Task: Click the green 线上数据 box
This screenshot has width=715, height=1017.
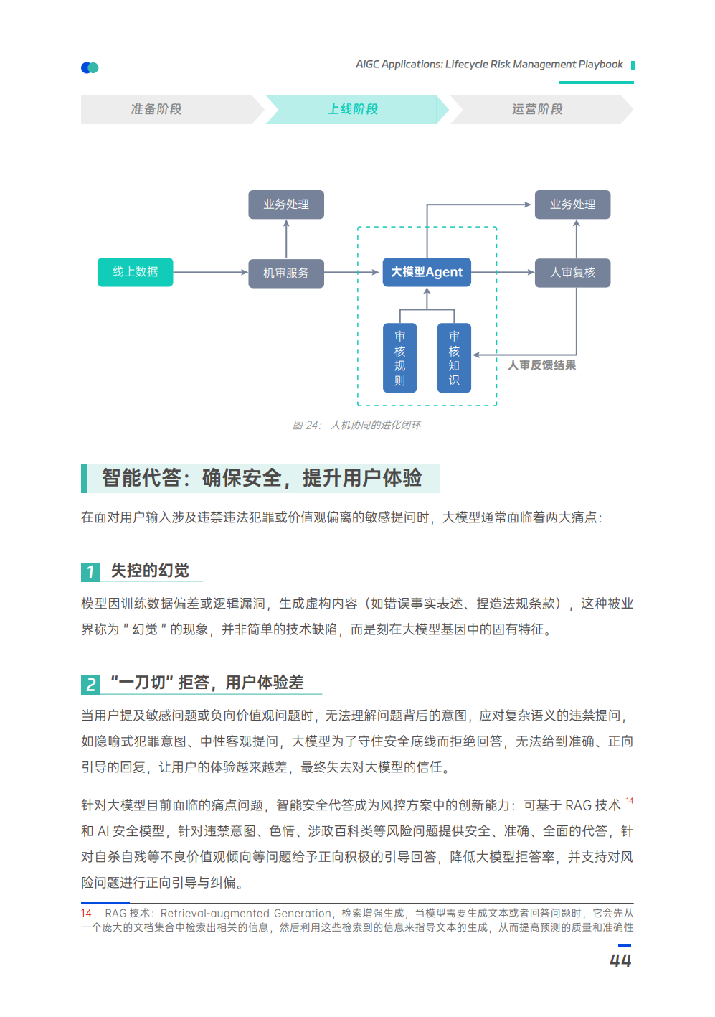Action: pyautogui.click(x=135, y=272)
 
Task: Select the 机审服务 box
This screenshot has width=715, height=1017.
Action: pyautogui.click(x=285, y=273)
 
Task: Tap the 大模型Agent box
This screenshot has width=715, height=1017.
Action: pyautogui.click(x=427, y=272)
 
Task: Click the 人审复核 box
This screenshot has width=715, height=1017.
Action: pyautogui.click(x=572, y=273)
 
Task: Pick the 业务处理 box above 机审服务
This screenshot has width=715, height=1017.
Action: pyautogui.click(x=285, y=205)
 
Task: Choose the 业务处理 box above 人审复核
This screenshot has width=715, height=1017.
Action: pyautogui.click(x=572, y=205)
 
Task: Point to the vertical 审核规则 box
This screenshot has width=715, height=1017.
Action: pyautogui.click(x=399, y=358)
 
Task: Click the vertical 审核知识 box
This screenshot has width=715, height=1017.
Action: pyautogui.click(x=454, y=358)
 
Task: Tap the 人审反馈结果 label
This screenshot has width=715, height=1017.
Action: pyautogui.click(x=541, y=365)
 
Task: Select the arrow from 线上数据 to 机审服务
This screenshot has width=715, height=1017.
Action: pyautogui.click(x=210, y=273)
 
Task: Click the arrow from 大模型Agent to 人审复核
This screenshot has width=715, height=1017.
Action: pyautogui.click(x=503, y=273)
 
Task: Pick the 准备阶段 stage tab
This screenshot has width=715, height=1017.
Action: pyautogui.click(x=156, y=109)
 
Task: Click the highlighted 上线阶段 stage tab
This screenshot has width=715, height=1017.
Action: pyautogui.click(x=353, y=109)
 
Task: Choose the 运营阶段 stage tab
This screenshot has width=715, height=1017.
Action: pyautogui.click(x=537, y=109)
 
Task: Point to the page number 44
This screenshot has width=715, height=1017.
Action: pyautogui.click(x=620, y=961)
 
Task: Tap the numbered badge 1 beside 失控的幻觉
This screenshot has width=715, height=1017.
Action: pyautogui.click(x=90, y=572)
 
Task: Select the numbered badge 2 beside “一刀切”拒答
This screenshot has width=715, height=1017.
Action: pyautogui.click(x=90, y=684)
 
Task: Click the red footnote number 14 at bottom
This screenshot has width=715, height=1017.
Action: pyautogui.click(x=86, y=914)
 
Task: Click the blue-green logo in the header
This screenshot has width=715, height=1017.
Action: pyautogui.click(x=90, y=67)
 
